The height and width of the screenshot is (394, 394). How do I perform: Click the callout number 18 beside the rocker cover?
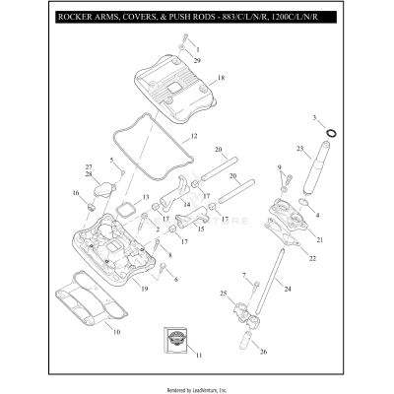click(222, 77)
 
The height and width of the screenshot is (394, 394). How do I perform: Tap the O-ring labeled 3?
click(328, 131)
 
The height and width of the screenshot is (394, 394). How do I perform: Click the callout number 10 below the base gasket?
click(116, 334)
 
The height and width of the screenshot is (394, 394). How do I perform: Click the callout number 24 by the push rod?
click(288, 290)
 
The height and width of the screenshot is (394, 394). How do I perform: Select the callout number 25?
click(223, 294)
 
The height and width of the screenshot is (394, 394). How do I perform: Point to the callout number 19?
click(144, 289)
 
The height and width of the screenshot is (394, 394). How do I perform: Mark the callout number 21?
click(319, 239)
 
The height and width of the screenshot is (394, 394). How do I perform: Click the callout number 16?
click(74, 193)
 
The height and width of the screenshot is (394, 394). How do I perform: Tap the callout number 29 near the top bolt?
click(197, 61)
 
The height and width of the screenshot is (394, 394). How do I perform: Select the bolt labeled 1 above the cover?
click(184, 45)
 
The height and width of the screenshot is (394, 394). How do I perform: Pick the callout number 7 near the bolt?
click(243, 275)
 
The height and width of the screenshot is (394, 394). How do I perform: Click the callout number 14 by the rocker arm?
click(186, 204)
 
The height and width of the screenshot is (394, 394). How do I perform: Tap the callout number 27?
click(88, 166)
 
